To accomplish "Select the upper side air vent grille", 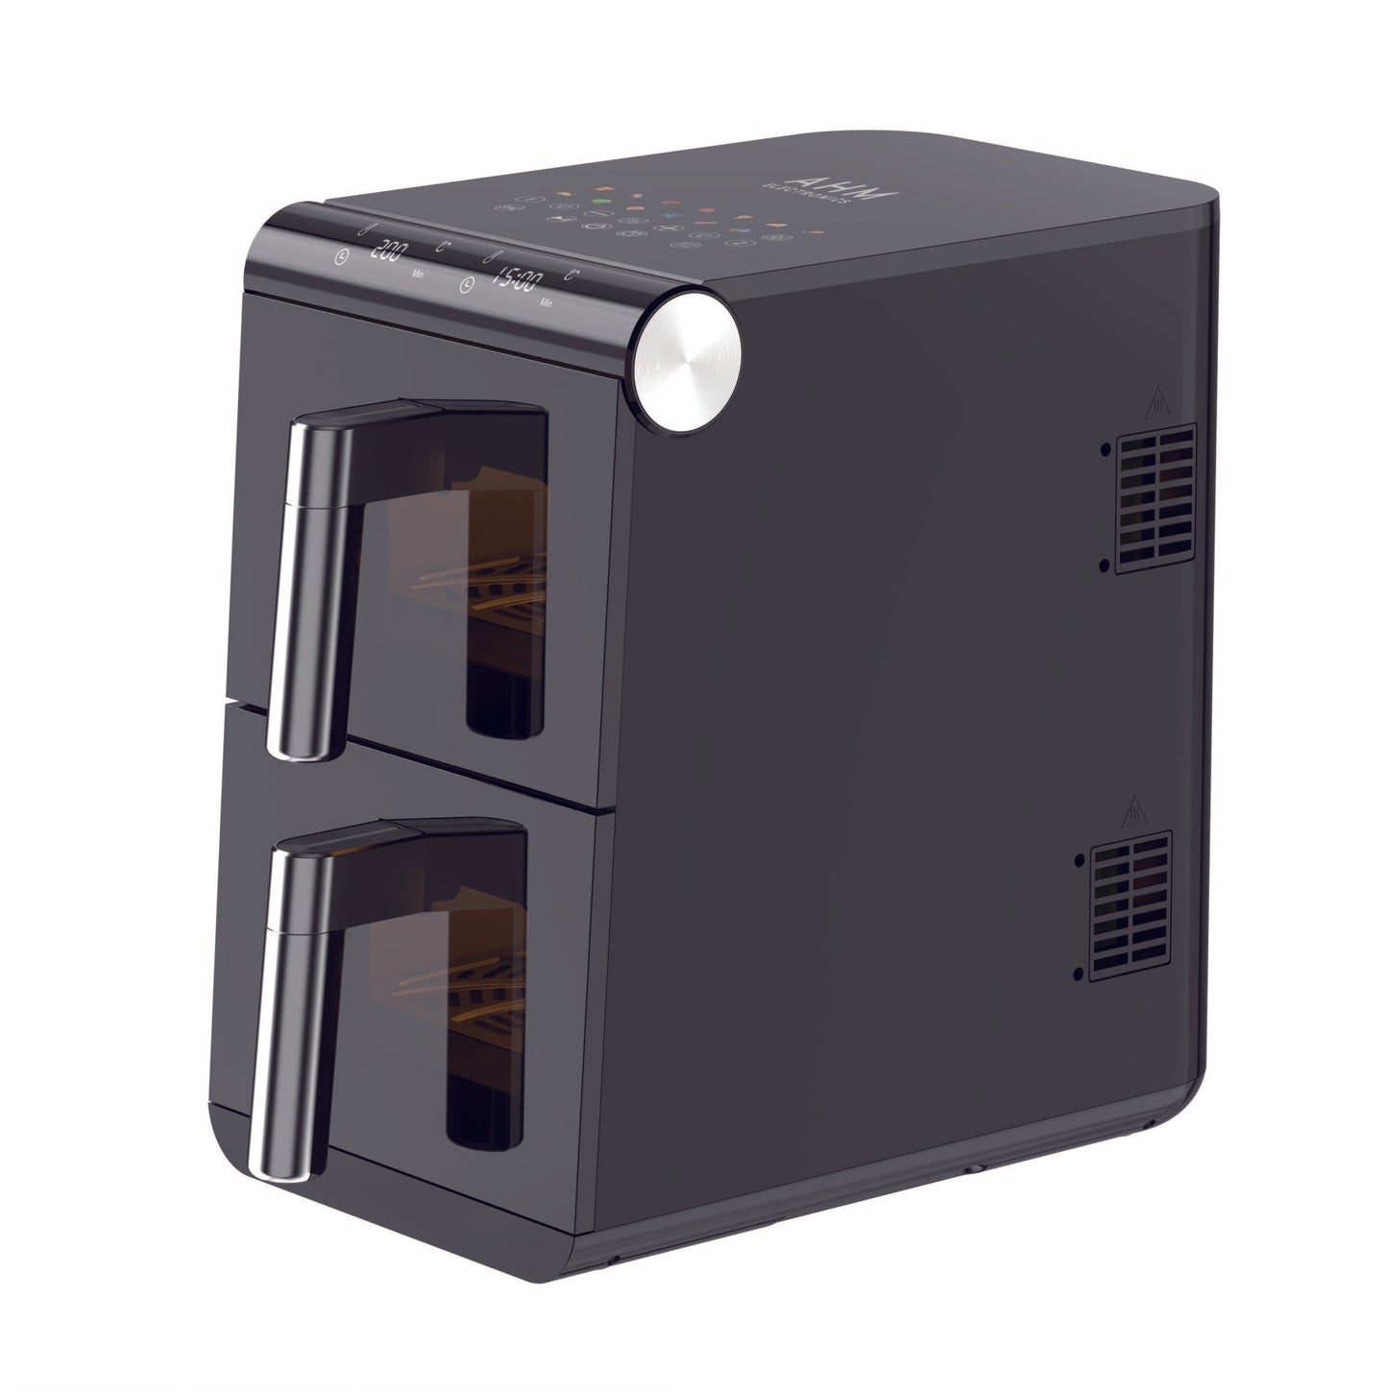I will (x=1155, y=499).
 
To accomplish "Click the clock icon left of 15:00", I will (x=467, y=284).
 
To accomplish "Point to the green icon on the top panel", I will (x=599, y=203).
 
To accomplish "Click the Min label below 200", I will (x=418, y=274).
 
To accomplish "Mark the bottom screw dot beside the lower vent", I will (x=1081, y=974).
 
